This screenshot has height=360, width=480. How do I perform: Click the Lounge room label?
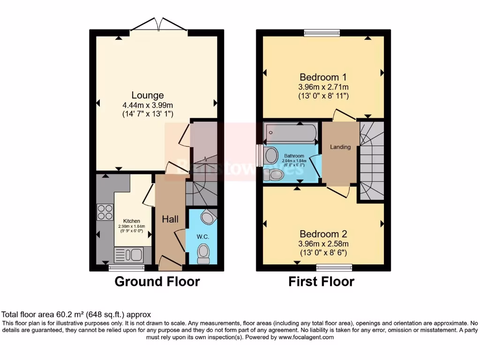tap(147, 95)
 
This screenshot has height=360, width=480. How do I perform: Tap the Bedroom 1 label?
tap(323, 77)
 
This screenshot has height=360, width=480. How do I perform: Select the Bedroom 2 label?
tap(323, 234)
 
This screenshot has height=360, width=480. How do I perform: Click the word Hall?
tap(170, 219)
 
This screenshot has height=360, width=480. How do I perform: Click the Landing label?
tap(340, 147)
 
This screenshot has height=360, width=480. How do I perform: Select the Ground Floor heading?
tap(157, 282)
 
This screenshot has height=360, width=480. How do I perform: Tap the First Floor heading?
tap(321, 282)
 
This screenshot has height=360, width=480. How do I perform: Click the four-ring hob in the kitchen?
tap(105, 212)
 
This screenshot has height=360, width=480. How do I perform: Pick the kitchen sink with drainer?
tap(128, 255)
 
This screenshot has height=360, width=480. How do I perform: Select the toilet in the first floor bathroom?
tap(277, 174)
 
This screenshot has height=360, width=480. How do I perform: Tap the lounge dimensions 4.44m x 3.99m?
tap(147, 105)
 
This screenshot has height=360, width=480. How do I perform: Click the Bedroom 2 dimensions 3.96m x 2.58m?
tap(323, 244)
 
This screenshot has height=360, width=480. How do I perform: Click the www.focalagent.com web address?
tap(307, 337)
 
